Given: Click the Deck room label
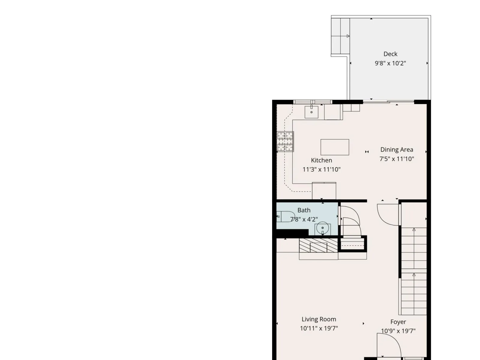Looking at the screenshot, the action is pyautogui.click(x=390, y=54).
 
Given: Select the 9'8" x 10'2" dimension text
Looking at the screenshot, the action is pyautogui.click(x=390, y=63).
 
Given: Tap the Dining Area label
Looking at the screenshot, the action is pyautogui.click(x=397, y=149).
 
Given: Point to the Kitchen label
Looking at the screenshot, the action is pyautogui.click(x=322, y=160).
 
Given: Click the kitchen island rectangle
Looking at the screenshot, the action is pyautogui.click(x=335, y=147).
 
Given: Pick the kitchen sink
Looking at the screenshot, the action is pyautogui.click(x=311, y=112).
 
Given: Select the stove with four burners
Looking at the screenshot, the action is pyautogui.click(x=285, y=142).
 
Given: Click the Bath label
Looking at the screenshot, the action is pyautogui.click(x=304, y=210).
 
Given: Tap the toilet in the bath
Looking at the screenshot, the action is pyautogui.click(x=286, y=217).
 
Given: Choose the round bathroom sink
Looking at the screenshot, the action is pyautogui.click(x=322, y=228).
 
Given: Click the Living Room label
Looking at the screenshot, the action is pyautogui.click(x=319, y=319).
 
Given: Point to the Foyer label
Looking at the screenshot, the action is pyautogui.click(x=398, y=322).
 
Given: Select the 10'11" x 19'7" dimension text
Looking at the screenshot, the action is pyautogui.click(x=319, y=328).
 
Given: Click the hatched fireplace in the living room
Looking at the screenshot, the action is pyautogui.click(x=318, y=245).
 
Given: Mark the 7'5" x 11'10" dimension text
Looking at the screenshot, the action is pyautogui.click(x=397, y=159).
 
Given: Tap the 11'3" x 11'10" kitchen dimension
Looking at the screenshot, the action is pyautogui.click(x=322, y=169).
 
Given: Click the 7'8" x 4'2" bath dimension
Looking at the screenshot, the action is pyautogui.click(x=304, y=219).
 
